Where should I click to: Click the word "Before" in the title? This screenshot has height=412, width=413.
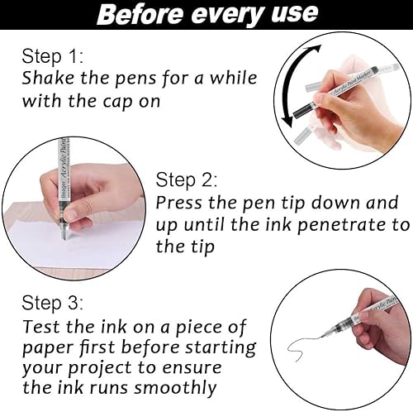coord(140,14)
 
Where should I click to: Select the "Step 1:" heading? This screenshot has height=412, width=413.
coord(52,56)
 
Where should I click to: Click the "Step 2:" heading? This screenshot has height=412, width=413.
coord(187,180)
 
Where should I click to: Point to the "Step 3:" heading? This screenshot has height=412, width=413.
coord(52,303)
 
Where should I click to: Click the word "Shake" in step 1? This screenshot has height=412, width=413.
coord(49,78)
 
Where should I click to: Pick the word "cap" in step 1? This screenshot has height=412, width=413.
coord(118,102)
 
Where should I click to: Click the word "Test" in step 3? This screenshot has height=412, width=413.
coord(42,327)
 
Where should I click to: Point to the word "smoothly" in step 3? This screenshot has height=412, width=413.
coord(175,388)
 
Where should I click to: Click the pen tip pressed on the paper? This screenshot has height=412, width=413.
coord(64,237)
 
